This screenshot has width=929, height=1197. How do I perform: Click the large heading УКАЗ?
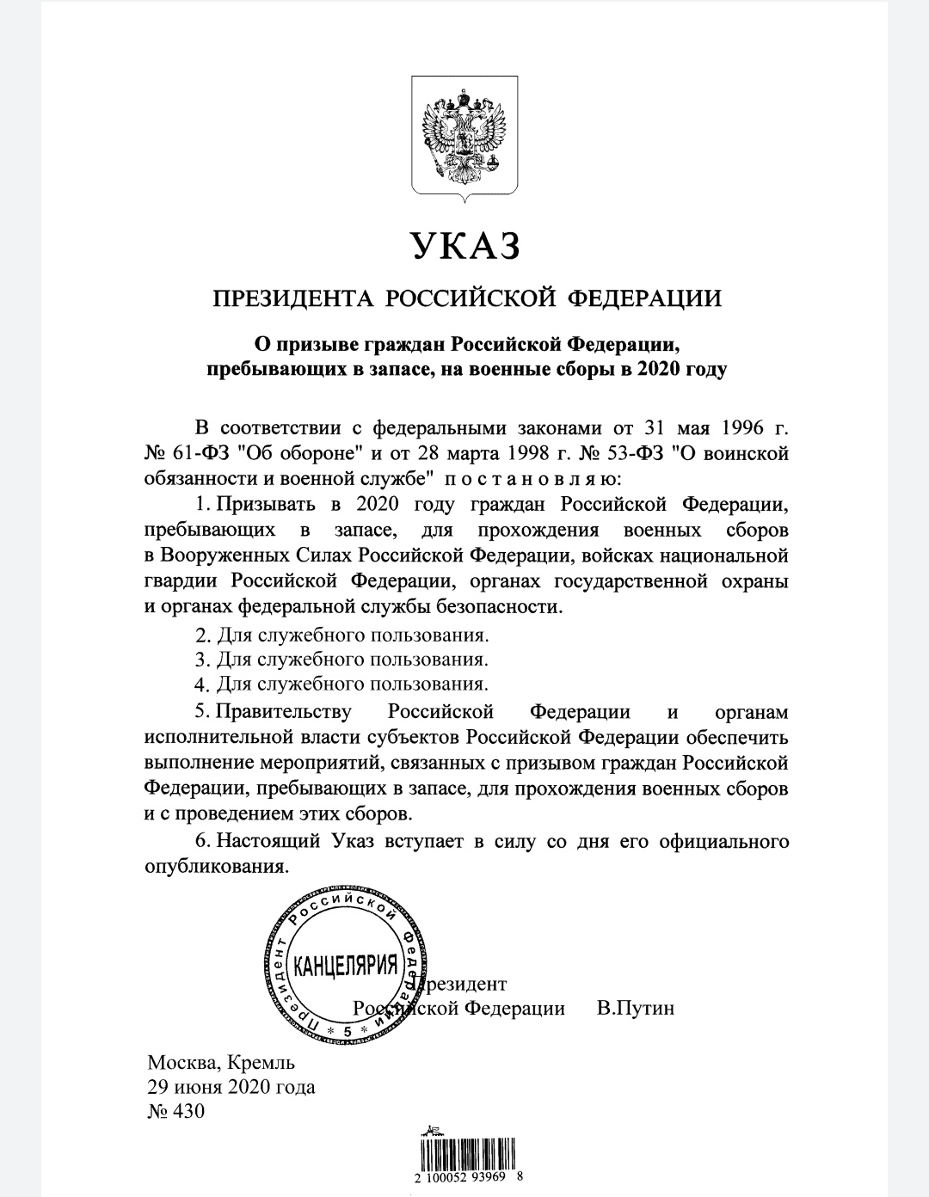point(464,247)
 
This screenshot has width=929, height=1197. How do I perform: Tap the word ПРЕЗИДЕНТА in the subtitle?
point(292,298)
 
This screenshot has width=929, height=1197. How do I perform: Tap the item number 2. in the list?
point(203,637)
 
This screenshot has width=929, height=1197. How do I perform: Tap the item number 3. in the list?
point(203,661)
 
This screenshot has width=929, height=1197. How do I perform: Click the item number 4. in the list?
point(203,685)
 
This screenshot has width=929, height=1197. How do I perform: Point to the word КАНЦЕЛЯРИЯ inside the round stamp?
point(346,965)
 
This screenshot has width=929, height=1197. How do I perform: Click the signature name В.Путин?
point(635,1008)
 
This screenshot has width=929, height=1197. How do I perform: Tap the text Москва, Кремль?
point(221,1062)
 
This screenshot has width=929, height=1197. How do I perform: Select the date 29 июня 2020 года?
point(231,1086)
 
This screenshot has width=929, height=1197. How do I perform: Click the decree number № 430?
point(176,1111)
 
